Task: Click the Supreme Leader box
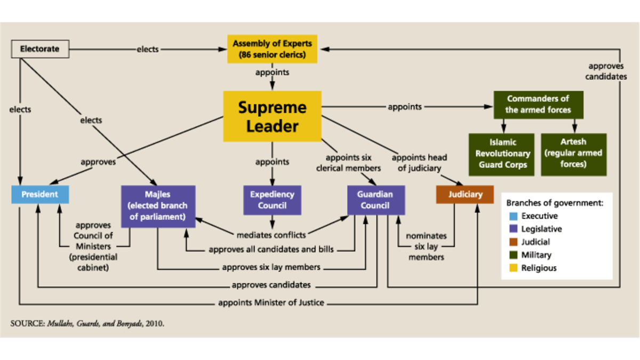[272, 116]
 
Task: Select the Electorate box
[40, 50]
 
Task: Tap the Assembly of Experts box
[273, 49]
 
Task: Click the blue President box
[40, 194]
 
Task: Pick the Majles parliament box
[158, 206]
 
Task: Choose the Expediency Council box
[272, 200]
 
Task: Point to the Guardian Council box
[376, 200]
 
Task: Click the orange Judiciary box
[465, 194]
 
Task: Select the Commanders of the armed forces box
[538, 105]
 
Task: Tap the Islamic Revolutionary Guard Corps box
[503, 154]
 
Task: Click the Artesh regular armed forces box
[573, 154]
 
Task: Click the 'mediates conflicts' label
[271, 235]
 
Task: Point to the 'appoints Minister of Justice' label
[271, 302]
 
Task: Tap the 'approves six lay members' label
[271, 267]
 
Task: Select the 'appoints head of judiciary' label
[419, 163]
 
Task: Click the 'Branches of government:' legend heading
[555, 203]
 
